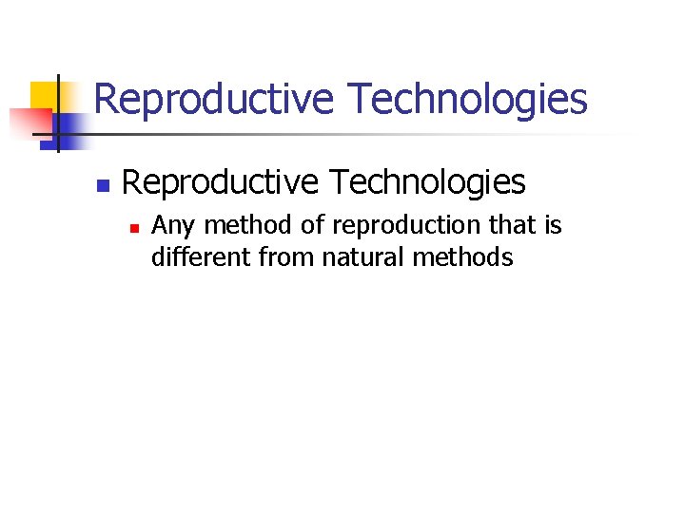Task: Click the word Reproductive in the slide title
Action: click(214, 99)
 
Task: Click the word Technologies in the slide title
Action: click(467, 99)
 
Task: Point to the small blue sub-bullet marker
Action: click(135, 228)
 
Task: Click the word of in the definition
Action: click(313, 226)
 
